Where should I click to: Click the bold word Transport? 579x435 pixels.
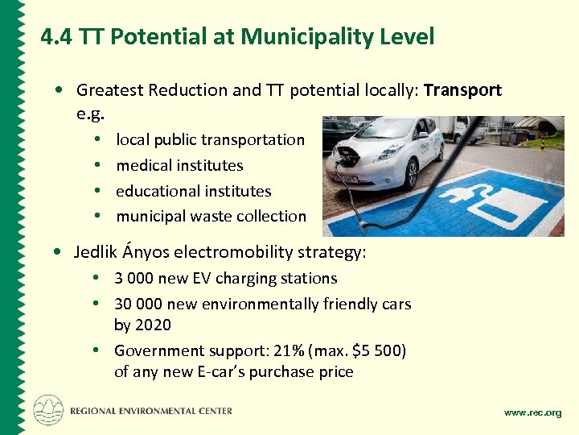462,90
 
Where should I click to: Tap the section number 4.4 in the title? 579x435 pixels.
57,37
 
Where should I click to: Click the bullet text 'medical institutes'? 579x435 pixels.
179,165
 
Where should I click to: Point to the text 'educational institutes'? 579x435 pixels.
194,191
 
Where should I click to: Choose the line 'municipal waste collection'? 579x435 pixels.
211,216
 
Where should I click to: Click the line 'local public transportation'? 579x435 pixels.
210,139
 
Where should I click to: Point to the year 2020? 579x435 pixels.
154,325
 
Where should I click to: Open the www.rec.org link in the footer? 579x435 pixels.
532,412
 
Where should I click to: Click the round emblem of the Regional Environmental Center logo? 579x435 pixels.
48,410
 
